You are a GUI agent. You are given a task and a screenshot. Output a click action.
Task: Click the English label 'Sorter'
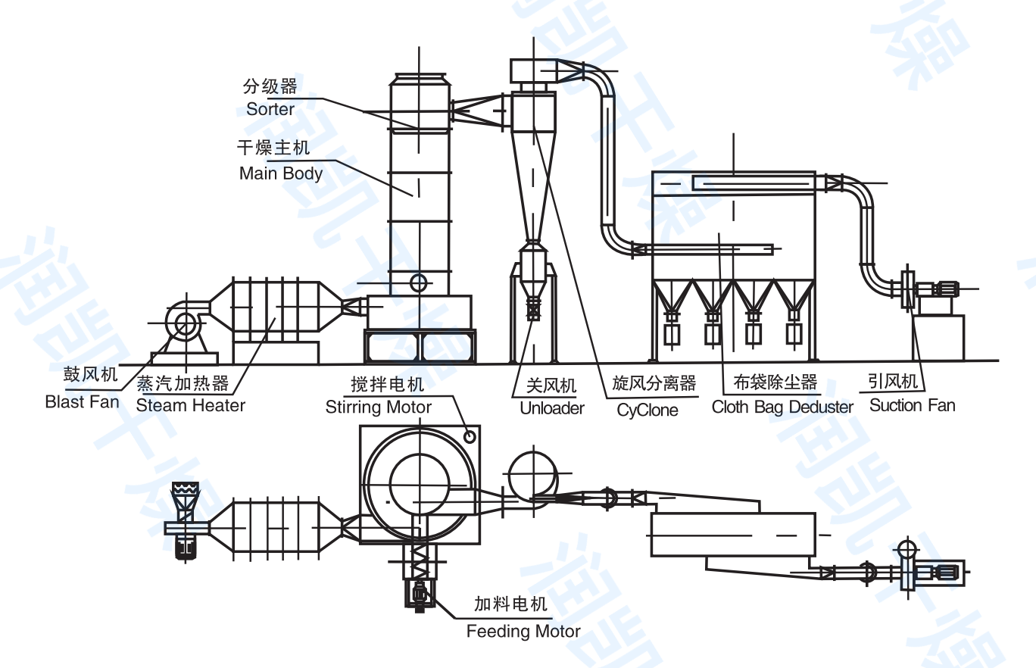tap(270, 109)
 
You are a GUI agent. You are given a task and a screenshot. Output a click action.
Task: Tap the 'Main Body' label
tap(281, 173)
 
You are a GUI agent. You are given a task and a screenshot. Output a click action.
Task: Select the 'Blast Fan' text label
tap(83, 401)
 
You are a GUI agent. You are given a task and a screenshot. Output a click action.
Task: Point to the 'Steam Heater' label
tap(191, 405)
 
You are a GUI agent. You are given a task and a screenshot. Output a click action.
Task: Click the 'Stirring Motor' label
tap(379, 407)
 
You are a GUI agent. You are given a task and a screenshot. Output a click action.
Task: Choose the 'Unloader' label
tap(552, 408)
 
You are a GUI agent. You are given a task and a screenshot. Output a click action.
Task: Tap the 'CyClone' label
tap(647, 410)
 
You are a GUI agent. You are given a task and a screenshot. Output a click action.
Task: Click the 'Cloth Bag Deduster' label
tap(782, 407)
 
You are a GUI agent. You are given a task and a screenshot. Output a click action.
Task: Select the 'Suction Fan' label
tap(912, 405)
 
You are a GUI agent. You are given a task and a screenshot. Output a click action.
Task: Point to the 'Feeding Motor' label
tap(523, 631)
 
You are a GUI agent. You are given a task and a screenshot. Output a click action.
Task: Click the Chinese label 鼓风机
tap(91, 375)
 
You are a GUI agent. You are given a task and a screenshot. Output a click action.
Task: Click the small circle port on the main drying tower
tap(418, 282)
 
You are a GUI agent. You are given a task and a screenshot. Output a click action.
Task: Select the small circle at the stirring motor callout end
tap(470, 435)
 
